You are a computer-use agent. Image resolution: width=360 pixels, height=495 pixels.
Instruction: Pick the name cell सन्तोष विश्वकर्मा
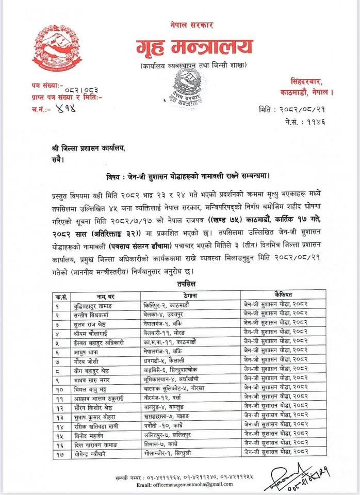click(90, 314)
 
